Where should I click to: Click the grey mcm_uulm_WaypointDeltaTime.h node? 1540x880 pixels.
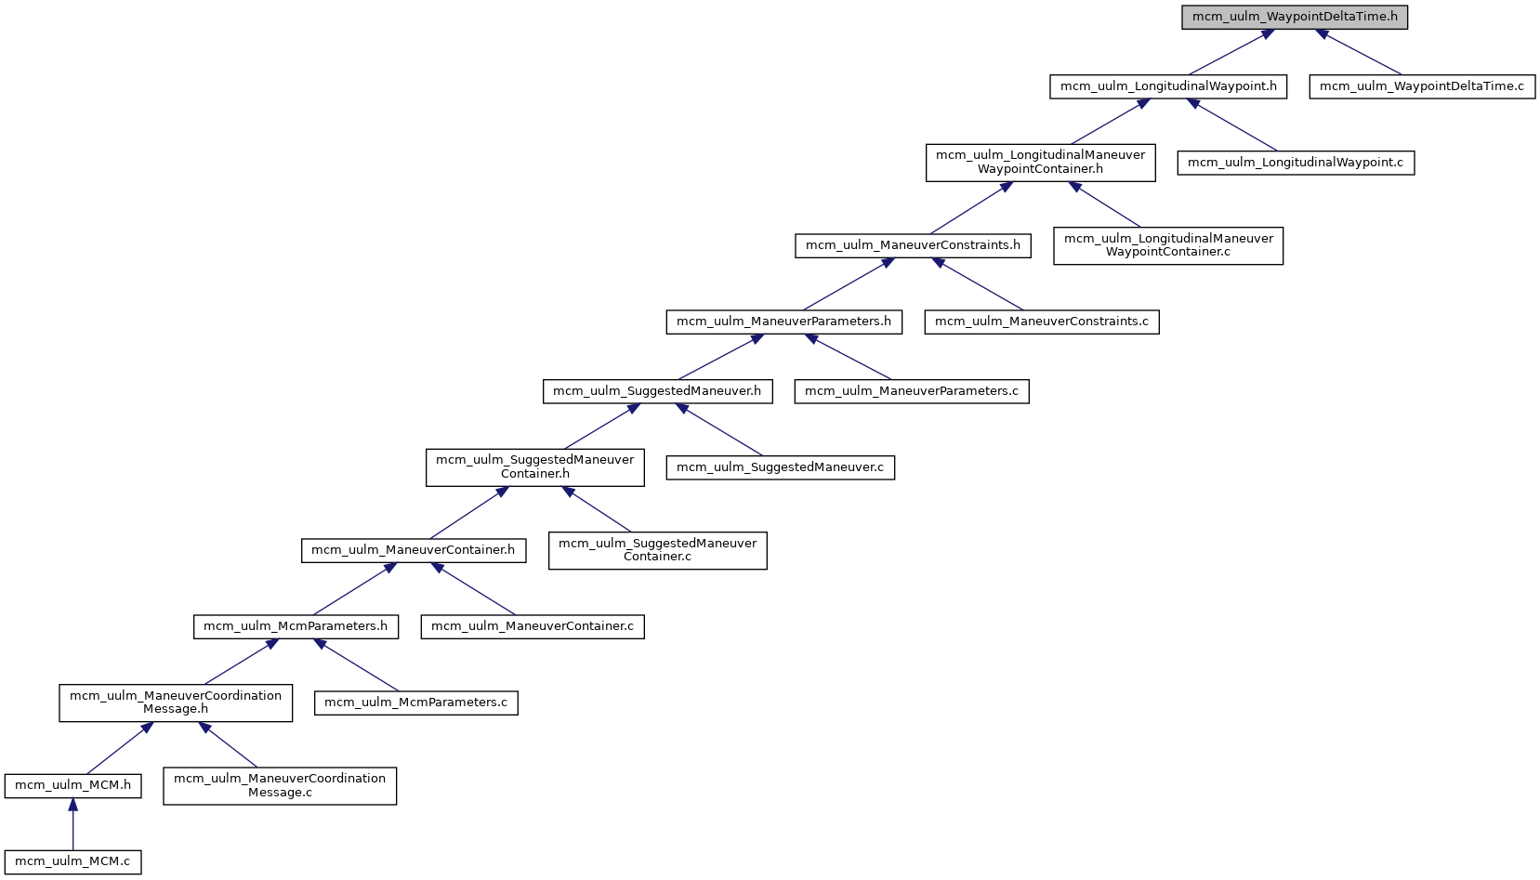(1295, 17)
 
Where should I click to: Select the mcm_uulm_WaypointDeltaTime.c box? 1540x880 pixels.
(1422, 86)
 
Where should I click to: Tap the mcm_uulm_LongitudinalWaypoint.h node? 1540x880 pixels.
(1168, 86)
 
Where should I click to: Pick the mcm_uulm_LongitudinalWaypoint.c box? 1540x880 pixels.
(1296, 163)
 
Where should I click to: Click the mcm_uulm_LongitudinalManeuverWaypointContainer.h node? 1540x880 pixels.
(1040, 162)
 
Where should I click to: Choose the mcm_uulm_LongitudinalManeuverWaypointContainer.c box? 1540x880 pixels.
(1168, 245)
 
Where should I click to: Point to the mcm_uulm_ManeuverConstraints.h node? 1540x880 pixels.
(913, 245)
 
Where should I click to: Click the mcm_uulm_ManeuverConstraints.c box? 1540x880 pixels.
(1041, 322)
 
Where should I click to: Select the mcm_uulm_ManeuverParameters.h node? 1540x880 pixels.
(783, 322)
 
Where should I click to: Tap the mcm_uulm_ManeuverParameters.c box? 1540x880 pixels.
(911, 391)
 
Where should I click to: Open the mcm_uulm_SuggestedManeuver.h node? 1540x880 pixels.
(656, 391)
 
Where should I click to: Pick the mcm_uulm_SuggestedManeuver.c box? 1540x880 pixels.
(780, 467)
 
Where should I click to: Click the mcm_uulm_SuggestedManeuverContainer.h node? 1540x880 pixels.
(534, 466)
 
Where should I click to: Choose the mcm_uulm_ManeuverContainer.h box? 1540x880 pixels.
(413, 550)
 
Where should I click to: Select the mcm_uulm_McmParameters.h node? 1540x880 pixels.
(296, 626)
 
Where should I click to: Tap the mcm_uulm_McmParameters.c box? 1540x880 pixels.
(415, 703)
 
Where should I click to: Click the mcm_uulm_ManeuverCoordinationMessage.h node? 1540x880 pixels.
(176, 703)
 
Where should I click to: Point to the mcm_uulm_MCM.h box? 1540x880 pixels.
(72, 785)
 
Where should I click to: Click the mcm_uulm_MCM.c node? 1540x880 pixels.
(72, 861)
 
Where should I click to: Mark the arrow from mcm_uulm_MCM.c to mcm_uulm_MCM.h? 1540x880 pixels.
(72, 822)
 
